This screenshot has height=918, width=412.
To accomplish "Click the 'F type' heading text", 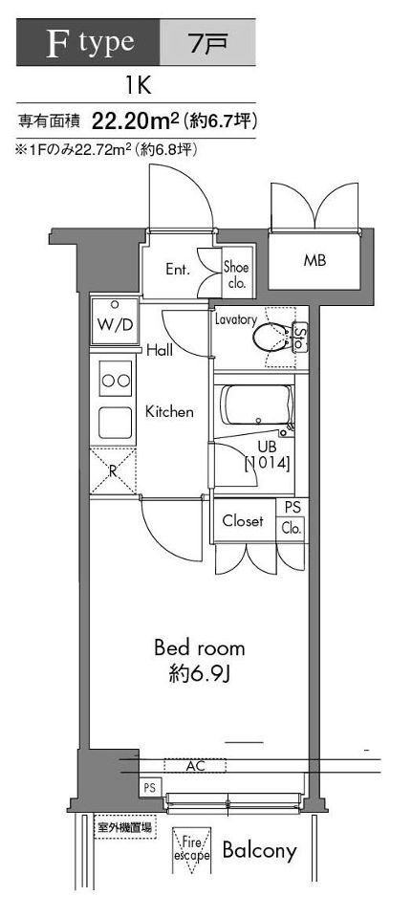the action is (x=90, y=42).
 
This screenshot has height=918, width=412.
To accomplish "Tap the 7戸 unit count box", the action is (x=207, y=41).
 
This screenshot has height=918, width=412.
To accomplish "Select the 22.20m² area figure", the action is (x=135, y=121).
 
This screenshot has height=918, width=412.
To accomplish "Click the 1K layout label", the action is (x=138, y=87).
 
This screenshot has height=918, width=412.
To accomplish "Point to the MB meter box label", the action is (x=314, y=261).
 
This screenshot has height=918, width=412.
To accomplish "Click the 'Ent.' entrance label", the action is (x=178, y=270).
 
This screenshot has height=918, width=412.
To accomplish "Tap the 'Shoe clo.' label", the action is (x=236, y=275).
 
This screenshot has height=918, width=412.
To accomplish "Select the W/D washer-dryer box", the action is (x=115, y=321).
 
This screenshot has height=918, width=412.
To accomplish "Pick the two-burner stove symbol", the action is (x=116, y=380).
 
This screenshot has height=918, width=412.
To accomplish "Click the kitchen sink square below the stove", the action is (x=116, y=422).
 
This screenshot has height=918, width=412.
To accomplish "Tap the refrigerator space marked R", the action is (x=113, y=471).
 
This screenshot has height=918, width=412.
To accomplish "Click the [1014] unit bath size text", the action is (x=267, y=464).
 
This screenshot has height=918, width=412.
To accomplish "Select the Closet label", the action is (x=243, y=520).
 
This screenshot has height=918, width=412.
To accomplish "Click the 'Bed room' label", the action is (x=200, y=648).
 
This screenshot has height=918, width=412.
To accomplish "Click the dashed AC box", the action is (x=194, y=766).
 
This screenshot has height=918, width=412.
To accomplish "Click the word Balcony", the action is (x=259, y=851).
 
